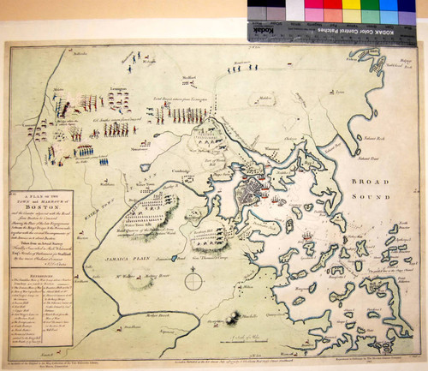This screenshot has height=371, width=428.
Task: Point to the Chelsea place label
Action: [291, 138]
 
